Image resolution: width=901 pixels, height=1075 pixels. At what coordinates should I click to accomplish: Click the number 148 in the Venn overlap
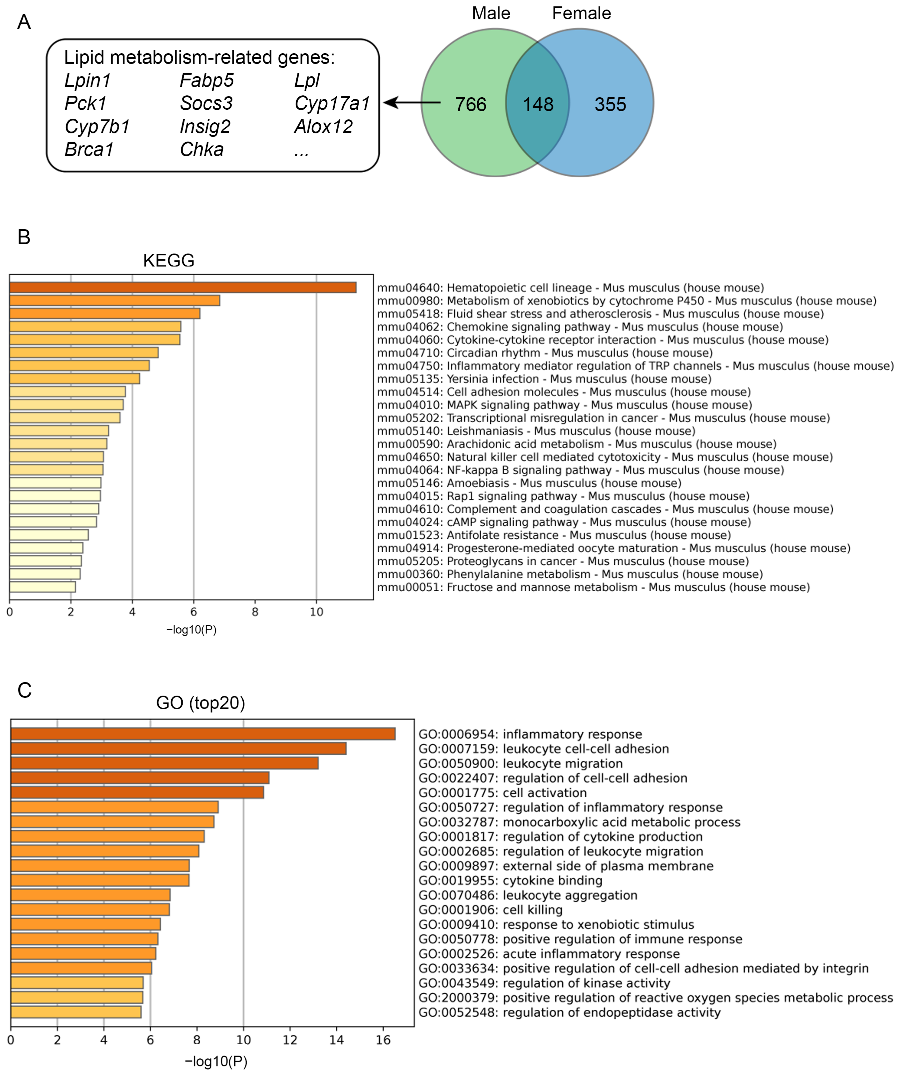click(538, 104)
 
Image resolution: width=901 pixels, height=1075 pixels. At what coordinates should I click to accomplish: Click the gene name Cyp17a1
click(331, 103)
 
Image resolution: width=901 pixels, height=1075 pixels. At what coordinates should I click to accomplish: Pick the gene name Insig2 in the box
click(205, 127)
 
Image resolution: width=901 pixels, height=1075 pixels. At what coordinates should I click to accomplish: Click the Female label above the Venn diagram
click(581, 13)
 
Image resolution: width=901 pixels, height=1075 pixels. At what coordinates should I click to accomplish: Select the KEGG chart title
click(169, 260)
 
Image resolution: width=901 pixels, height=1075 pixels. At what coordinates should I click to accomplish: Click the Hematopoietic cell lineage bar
click(183, 288)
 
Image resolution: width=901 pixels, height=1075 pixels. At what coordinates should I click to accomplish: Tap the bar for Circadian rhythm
click(84, 353)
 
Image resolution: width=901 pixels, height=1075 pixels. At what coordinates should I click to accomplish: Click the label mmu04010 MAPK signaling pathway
click(564, 405)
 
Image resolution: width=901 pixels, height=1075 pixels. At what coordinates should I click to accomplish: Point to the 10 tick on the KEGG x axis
click(316, 612)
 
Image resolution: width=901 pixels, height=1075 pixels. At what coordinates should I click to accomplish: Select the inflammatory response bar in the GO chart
click(203, 734)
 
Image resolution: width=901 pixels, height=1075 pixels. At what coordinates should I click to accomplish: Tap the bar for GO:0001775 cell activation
click(137, 792)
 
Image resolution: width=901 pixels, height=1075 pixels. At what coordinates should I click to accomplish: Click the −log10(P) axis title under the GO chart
click(216, 1062)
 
